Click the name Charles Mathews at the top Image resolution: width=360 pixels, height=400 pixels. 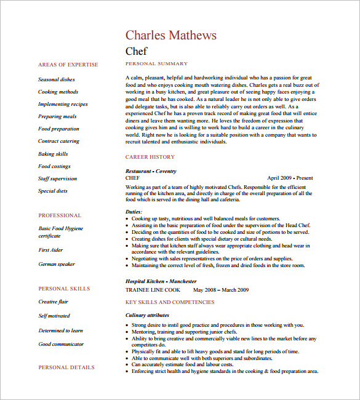point(170,35)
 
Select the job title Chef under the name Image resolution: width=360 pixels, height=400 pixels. point(136,51)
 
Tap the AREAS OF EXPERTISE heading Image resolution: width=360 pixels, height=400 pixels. point(68,65)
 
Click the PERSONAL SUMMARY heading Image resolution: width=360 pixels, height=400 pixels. point(156,64)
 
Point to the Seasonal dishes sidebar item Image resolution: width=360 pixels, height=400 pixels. point(57,80)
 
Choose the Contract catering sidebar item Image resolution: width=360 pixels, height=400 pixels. point(58,142)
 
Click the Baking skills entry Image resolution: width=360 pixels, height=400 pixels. point(53,154)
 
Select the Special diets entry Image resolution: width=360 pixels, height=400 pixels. point(53,191)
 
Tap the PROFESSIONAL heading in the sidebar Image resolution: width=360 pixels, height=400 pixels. point(60,215)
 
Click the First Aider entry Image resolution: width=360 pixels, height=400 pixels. point(52,250)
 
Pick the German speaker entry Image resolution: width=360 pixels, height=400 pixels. point(57,264)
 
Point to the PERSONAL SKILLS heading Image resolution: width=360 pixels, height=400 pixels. point(64,289)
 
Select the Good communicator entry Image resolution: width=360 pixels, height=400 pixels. point(61,344)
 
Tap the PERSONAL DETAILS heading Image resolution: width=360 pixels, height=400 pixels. point(66,367)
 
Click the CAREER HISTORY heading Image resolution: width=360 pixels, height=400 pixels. point(150,157)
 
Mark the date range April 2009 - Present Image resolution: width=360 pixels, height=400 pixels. point(290,177)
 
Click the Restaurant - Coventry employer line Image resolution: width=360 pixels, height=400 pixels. point(151,171)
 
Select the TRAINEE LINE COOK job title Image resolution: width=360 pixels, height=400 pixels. point(153,289)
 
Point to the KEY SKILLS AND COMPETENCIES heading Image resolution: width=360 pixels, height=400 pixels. point(170,302)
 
